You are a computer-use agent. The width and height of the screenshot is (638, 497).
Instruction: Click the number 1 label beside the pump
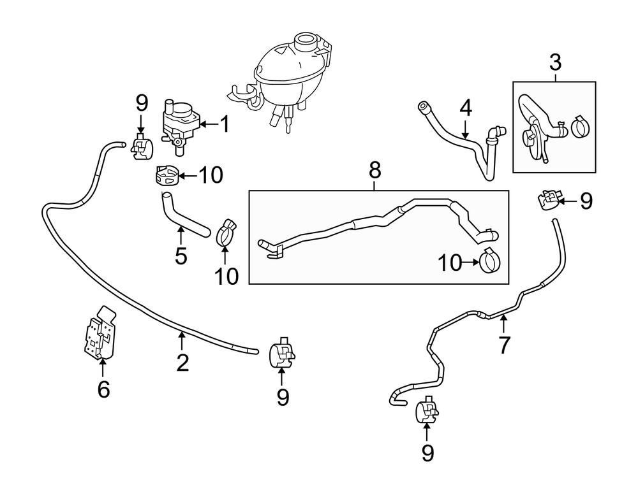coord(224,124)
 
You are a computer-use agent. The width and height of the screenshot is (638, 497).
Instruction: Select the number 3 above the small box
coord(555,62)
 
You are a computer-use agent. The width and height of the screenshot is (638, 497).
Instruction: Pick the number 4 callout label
coord(466,107)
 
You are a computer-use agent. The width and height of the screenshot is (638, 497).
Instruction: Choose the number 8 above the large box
coord(375,170)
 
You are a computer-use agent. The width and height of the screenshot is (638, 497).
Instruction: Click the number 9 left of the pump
coord(142,103)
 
